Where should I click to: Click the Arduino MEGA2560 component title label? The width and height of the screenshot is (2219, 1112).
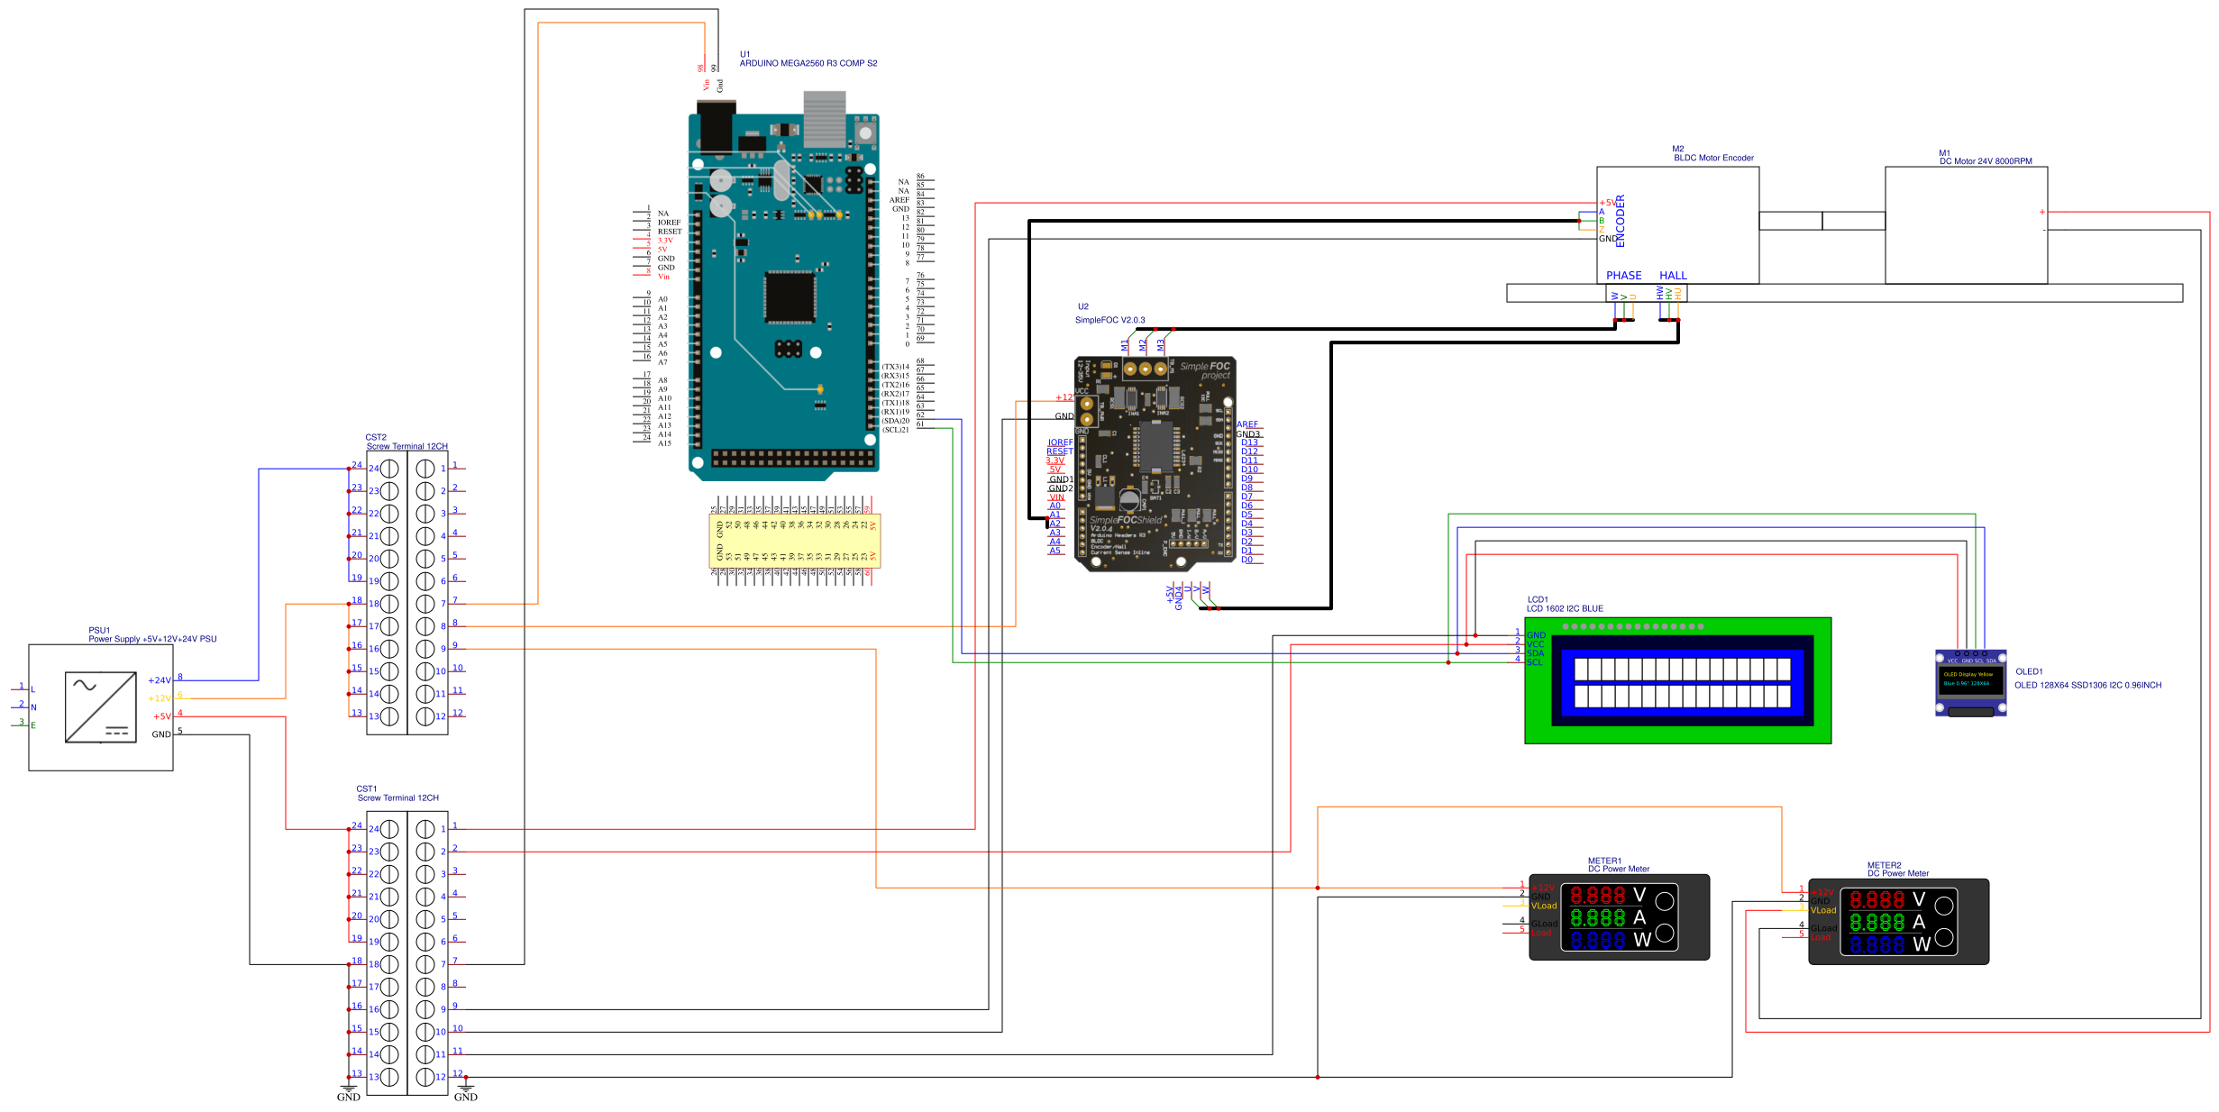pyautogui.click(x=808, y=63)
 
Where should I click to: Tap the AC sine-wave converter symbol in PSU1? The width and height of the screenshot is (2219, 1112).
pyautogui.click(x=101, y=707)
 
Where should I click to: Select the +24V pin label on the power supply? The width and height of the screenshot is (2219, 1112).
pyautogui.click(x=160, y=680)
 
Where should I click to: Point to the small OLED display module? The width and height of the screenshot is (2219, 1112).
pyautogui.click(x=1970, y=682)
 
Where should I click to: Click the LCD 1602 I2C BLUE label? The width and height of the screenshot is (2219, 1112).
pyautogui.click(x=1565, y=608)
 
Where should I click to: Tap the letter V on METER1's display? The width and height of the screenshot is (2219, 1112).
pyautogui.click(x=1639, y=895)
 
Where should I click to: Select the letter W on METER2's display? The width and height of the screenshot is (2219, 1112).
pyautogui.click(x=1921, y=944)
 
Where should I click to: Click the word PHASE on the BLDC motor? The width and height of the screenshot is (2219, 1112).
pyautogui.click(x=1623, y=276)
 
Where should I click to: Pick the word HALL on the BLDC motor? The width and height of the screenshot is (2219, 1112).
pyautogui.click(x=1673, y=276)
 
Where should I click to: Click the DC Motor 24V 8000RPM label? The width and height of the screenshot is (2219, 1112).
pyautogui.click(x=1986, y=161)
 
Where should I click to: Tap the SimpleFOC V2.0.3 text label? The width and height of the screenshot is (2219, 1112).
pyautogui.click(x=1109, y=320)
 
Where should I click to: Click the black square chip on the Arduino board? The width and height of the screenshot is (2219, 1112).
pyautogui.click(x=790, y=296)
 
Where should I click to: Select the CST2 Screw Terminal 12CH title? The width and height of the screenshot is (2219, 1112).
pyautogui.click(x=406, y=446)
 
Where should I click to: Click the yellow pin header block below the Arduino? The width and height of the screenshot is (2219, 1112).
pyautogui.click(x=794, y=541)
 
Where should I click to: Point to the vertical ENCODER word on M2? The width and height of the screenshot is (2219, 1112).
pyautogui.click(x=1620, y=221)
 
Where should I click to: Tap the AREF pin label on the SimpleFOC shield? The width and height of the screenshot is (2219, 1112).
pyautogui.click(x=1247, y=424)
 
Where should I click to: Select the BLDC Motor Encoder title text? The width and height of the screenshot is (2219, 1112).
pyautogui.click(x=1713, y=158)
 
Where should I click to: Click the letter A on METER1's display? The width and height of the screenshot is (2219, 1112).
pyautogui.click(x=1639, y=917)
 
